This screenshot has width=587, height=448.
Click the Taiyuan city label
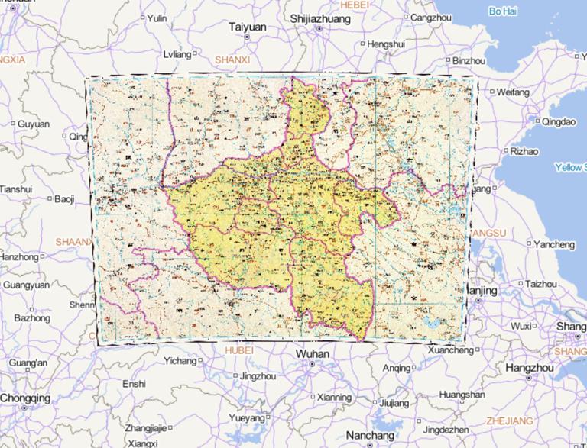[248, 26]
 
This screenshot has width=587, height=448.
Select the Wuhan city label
[312, 354]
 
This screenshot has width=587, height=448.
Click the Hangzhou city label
[529, 367]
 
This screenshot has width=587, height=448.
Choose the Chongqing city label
[25, 398]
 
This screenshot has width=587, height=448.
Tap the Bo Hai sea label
[503, 11]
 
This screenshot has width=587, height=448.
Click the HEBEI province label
[354, 4]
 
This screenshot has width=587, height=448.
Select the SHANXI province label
[232, 58]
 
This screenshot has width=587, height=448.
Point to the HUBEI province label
[239, 350]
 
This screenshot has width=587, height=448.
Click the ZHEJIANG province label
[510, 421]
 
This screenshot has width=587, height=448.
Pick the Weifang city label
[513, 92]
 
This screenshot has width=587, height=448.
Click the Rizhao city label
[524, 151]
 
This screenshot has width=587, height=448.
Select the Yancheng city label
[554, 244]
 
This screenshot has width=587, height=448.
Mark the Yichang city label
[180, 360]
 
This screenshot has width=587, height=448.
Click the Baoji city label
[65, 199]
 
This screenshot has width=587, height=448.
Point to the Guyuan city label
[34, 124]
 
